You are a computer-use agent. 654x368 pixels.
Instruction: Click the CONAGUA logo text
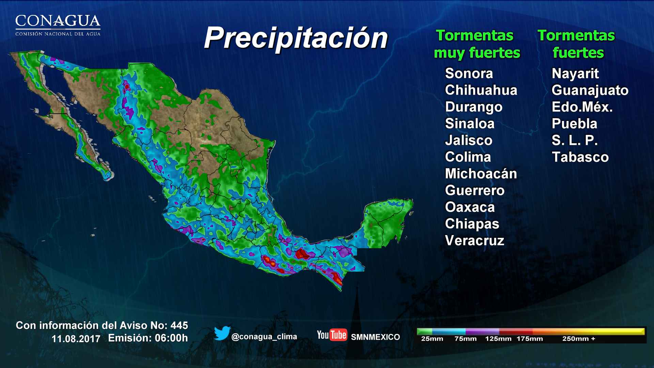pyautogui.click(x=58, y=21)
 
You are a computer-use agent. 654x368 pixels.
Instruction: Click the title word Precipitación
pyautogui.click(x=296, y=38)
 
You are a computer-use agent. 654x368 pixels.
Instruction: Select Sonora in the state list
pyautogui.click(x=469, y=74)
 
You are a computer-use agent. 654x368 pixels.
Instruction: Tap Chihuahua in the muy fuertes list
pyautogui.click(x=481, y=90)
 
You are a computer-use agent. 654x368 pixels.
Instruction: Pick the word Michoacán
pyautogui.click(x=481, y=174)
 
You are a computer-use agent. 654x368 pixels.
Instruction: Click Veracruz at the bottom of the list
pyautogui.click(x=474, y=241)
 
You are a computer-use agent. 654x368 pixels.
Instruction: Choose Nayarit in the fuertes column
pyautogui.click(x=575, y=74)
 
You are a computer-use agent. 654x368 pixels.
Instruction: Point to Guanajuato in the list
pyautogui.click(x=590, y=90)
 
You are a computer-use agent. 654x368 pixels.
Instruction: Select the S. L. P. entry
pyautogui.click(x=574, y=140)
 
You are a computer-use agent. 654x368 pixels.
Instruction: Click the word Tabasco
pyautogui.click(x=580, y=157)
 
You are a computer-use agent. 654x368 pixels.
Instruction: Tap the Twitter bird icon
pyautogui.click(x=222, y=333)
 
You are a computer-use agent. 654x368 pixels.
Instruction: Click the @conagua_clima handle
pyautogui.click(x=264, y=337)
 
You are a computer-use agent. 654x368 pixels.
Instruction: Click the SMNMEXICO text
pyautogui.click(x=375, y=337)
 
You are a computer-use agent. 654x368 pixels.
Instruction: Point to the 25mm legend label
pyautogui.click(x=432, y=339)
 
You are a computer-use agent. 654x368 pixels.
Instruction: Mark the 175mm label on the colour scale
pyautogui.click(x=529, y=339)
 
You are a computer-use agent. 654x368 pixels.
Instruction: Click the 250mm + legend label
pyautogui.click(x=578, y=339)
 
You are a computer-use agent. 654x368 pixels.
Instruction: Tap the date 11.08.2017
pyautogui.click(x=76, y=339)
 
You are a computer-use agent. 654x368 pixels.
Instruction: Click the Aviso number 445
pyautogui.click(x=179, y=325)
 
